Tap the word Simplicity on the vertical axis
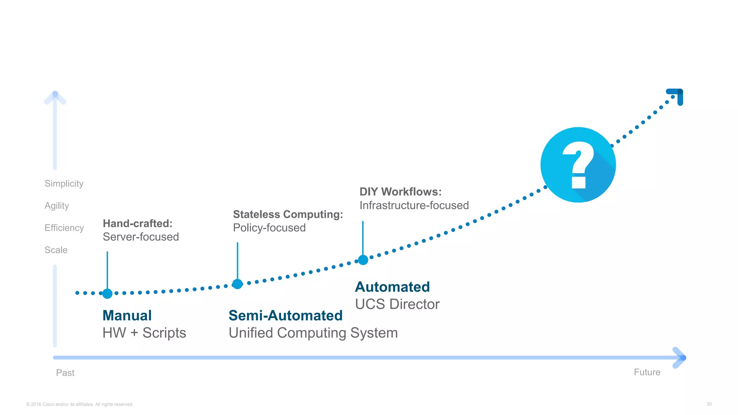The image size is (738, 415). click(64, 183)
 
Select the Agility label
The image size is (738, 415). click(57, 206)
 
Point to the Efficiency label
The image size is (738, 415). click(64, 228)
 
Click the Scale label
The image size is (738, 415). click(56, 250)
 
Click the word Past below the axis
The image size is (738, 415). click(65, 372)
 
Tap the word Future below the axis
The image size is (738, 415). click(647, 372)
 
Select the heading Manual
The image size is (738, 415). click(127, 316)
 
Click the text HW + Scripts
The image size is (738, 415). click(144, 333)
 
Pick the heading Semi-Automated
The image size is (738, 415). click(285, 316)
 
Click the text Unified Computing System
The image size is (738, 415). click(313, 333)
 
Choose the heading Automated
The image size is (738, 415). click(392, 287)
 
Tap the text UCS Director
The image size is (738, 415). click(397, 304)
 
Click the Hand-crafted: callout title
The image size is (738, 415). click(138, 223)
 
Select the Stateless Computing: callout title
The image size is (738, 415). click(288, 214)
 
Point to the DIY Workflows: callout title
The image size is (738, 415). click(400, 192)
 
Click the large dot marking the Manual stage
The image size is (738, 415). click(107, 294)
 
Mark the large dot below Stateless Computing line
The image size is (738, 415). click(237, 284)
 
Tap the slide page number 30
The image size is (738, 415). click(709, 404)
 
